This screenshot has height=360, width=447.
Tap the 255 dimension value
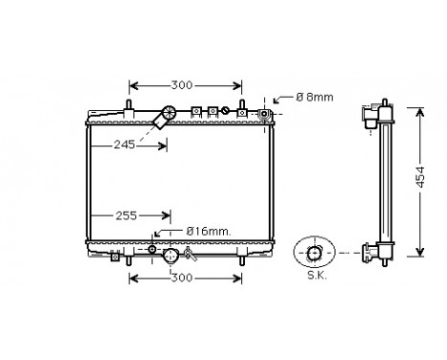point(128,216)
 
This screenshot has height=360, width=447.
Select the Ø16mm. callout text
point(204,231)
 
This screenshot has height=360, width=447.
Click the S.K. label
point(313,278)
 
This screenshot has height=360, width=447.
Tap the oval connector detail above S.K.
point(314,253)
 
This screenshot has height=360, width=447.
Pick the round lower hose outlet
point(170,256)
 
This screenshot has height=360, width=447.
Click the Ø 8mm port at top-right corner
point(265,114)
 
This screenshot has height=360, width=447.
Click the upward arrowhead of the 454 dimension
point(418,111)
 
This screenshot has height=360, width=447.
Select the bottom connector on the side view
point(375,253)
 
